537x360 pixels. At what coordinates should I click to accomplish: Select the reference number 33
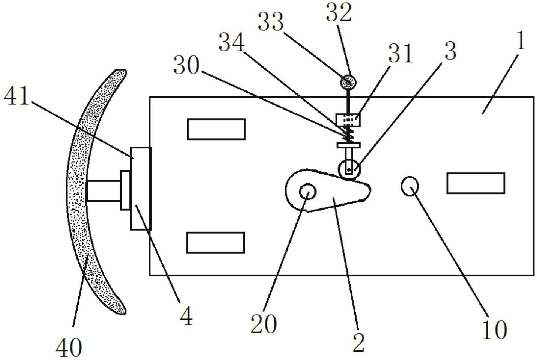(x=271, y=22)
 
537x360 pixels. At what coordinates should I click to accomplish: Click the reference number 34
(x=231, y=42)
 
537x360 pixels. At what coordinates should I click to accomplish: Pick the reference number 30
(x=186, y=66)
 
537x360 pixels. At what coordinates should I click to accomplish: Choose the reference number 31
(x=400, y=53)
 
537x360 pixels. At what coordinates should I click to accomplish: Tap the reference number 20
(x=264, y=324)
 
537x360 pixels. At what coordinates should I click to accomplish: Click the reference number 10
(x=494, y=330)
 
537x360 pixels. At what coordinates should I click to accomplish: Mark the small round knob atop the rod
(x=348, y=82)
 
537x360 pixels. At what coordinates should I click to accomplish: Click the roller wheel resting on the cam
(x=349, y=170)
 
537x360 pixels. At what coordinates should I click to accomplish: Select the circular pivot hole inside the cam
(x=307, y=192)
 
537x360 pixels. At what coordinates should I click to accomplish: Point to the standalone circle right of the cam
(x=410, y=186)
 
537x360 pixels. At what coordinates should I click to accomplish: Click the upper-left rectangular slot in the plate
(x=216, y=129)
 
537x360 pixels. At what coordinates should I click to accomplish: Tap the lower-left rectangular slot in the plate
(x=216, y=242)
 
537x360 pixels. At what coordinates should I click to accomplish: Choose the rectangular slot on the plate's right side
(x=475, y=183)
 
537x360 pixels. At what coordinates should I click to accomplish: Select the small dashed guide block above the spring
(x=349, y=120)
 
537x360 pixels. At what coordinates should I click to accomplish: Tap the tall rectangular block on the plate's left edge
(x=141, y=188)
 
